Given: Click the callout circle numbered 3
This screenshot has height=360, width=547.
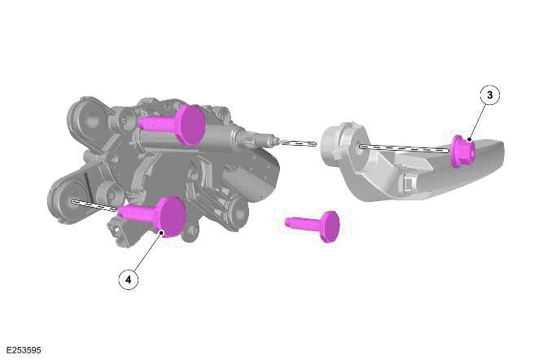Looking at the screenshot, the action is tap(489, 95).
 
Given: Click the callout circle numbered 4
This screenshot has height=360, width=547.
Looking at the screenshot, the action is tap(129, 279).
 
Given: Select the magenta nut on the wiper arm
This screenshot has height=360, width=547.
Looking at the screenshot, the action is tap(462, 151).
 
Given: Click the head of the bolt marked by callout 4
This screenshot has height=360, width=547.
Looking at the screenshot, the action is tap(172, 217).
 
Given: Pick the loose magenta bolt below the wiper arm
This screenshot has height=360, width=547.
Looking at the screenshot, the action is tap(313, 226).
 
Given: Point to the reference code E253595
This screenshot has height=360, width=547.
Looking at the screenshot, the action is tap(24, 350).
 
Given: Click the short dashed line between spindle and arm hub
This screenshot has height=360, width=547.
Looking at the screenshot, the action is tap(299, 143).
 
